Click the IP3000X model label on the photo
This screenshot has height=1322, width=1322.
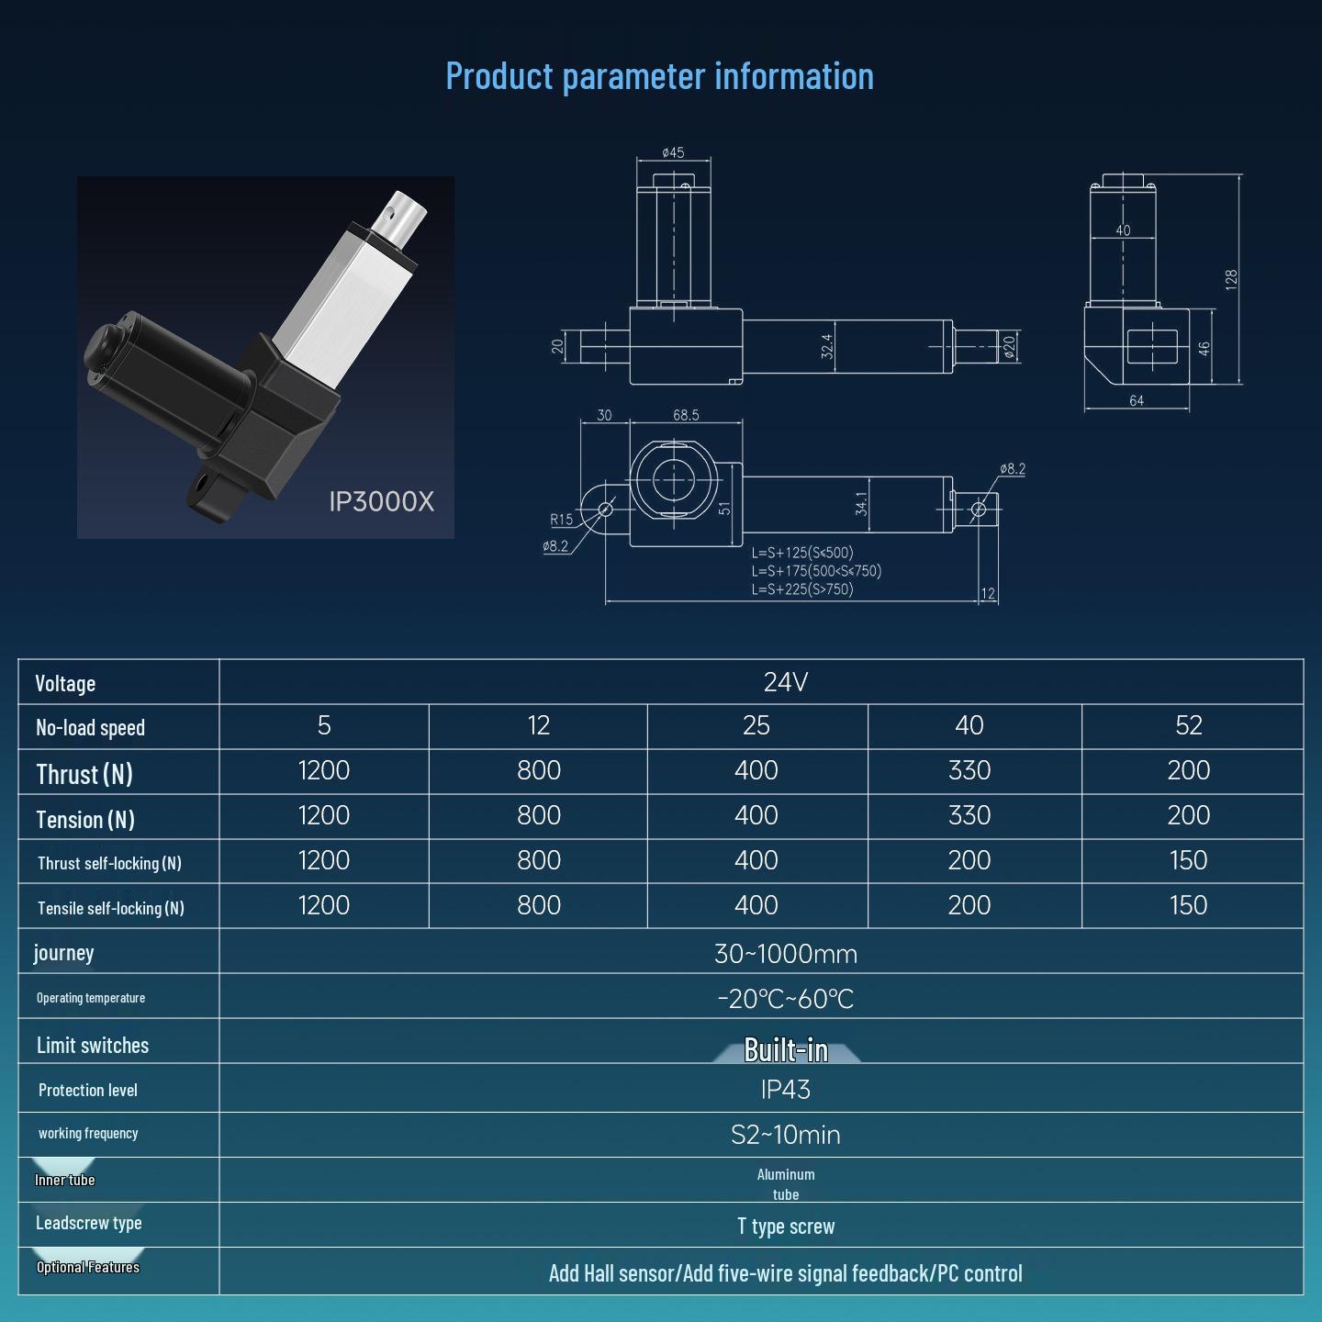[x=381, y=501]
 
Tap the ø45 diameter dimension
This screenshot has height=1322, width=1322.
[x=673, y=152]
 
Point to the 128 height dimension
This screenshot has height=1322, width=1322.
[x=1231, y=279]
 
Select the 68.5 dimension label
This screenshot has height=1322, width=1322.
[x=686, y=415]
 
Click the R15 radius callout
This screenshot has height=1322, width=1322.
[x=561, y=520]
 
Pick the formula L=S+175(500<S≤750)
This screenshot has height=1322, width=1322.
[x=816, y=571]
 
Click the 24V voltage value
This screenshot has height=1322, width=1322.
[x=785, y=682]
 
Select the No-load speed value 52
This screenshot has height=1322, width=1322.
[x=1188, y=726]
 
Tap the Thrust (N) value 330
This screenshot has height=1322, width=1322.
[x=969, y=771]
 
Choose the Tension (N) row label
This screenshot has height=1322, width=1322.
[x=85, y=819]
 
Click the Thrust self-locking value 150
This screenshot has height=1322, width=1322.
[x=1188, y=860]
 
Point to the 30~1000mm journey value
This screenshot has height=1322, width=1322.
[x=785, y=954]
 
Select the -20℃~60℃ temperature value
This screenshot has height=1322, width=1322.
[x=785, y=999]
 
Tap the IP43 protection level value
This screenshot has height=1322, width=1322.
[x=785, y=1090]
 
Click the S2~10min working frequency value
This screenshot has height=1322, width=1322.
[x=785, y=1135]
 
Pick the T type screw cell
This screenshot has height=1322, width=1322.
[x=785, y=1227]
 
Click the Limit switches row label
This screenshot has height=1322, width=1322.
[x=93, y=1046]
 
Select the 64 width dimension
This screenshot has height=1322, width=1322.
[x=1136, y=401]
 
